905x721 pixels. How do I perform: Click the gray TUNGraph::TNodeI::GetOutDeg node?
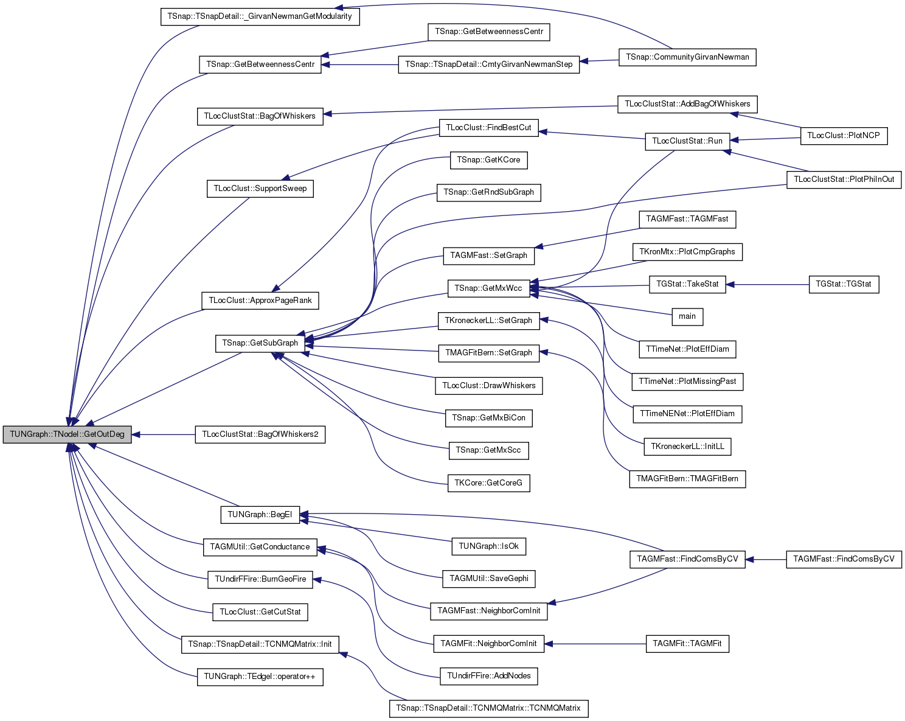[67, 434]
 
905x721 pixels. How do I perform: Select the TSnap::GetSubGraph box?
[260, 343]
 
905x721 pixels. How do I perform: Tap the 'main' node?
[687, 316]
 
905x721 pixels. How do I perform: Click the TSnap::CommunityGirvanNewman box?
[687, 57]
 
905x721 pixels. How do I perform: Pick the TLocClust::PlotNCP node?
[844, 136]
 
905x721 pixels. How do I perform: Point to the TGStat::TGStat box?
[844, 284]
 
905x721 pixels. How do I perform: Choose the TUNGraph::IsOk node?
[488, 546]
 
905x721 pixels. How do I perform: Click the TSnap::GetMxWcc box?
[488, 288]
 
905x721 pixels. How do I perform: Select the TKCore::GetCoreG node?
[488, 483]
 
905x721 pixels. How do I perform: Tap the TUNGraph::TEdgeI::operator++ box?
[260, 677]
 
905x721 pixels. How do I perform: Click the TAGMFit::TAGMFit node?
[687, 644]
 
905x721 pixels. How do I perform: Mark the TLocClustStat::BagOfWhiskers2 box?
[260, 434]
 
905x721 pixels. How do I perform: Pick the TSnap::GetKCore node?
[488, 160]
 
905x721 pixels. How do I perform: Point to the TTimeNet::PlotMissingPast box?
[687, 381]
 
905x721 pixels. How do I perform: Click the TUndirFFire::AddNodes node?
[488, 676]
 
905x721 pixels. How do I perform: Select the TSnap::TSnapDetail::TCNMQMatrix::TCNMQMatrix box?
[488, 708]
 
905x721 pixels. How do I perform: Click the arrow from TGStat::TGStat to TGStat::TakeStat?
[768, 285]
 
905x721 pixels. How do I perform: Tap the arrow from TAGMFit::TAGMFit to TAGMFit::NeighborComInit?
[595, 644]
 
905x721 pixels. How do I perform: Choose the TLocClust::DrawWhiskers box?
[488, 386]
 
